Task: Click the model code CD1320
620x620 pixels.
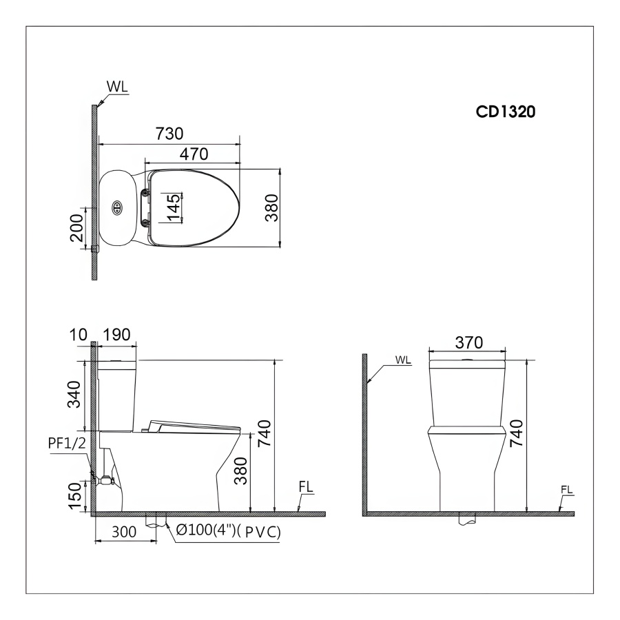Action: (506, 112)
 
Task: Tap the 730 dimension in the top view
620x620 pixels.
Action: (169, 134)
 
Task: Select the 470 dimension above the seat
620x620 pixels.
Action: (194, 154)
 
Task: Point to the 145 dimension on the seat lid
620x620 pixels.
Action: (174, 207)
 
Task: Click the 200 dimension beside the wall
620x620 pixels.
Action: (76, 228)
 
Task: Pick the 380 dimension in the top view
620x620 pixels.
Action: (271, 207)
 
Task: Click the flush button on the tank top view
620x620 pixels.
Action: (117, 207)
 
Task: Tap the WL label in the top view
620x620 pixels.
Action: (117, 87)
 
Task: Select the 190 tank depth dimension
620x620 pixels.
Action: (116, 335)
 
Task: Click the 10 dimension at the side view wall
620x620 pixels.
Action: (78, 335)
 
